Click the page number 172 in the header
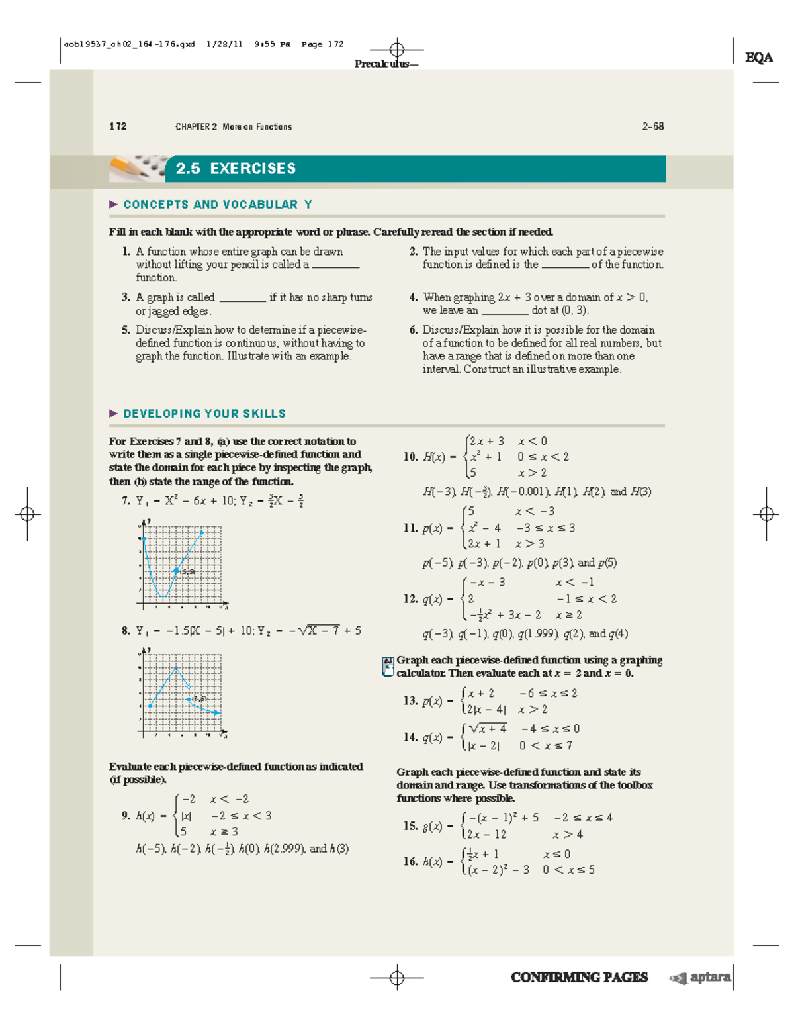click(118, 126)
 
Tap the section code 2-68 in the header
click(652, 126)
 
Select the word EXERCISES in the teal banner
click(253, 169)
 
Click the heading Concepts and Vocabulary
click(217, 205)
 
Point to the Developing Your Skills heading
click(204, 414)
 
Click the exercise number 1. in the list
click(126, 252)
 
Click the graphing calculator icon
click(388, 666)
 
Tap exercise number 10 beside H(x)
click(410, 457)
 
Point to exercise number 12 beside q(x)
click(410, 599)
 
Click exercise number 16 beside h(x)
click(410, 862)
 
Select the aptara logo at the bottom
click(702, 977)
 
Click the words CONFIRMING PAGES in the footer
click(579, 977)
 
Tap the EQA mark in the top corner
click(758, 58)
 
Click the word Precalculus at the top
click(381, 64)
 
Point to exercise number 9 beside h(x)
click(126, 816)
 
